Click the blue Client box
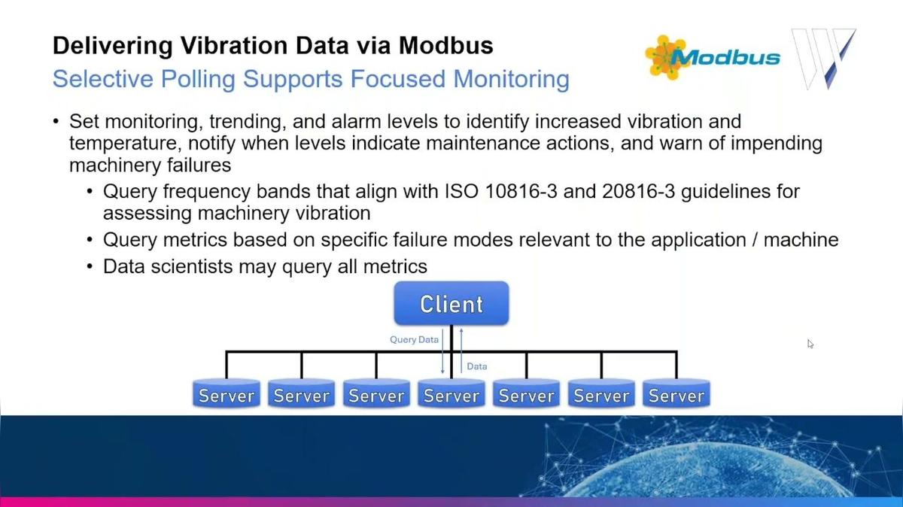(451, 304)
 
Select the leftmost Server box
(227, 396)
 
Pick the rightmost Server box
(676, 396)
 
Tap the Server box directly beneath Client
(451, 396)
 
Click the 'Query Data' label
(414, 339)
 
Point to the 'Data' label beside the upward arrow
(477, 366)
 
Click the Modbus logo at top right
(713, 57)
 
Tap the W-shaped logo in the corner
(825, 59)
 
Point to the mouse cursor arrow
(810, 344)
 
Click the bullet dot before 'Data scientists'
(90, 266)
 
